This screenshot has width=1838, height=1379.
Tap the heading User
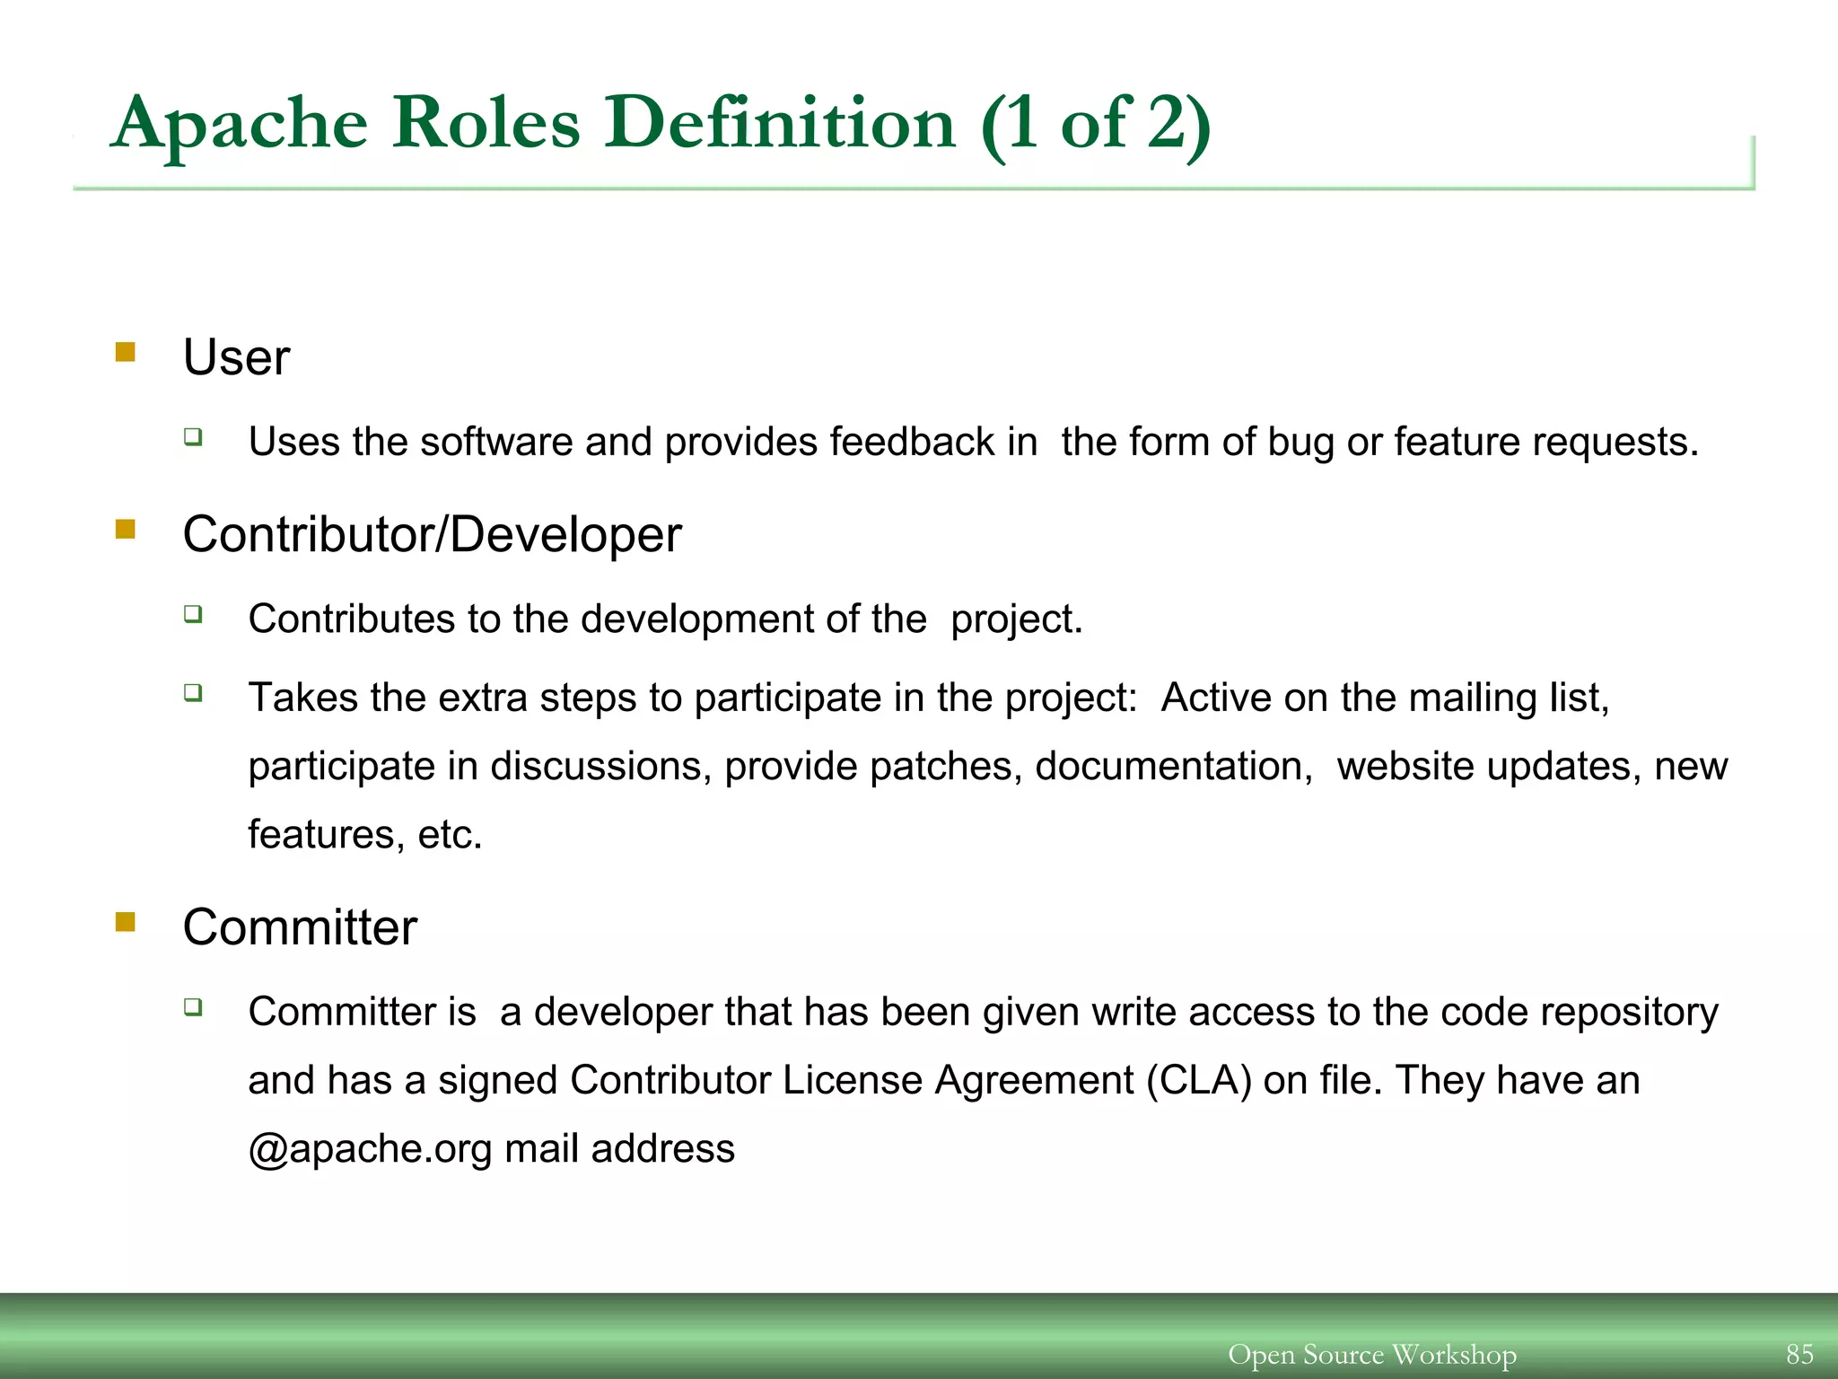click(236, 357)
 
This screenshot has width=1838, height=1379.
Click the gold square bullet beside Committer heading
click(126, 922)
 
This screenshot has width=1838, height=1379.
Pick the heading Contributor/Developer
click(432, 535)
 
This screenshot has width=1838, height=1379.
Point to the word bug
click(1300, 443)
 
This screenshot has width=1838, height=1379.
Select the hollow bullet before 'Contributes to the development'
click(193, 614)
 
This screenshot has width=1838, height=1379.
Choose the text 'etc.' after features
click(451, 835)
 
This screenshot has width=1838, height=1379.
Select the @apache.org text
click(370, 1149)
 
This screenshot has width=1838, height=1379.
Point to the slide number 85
click(1799, 1354)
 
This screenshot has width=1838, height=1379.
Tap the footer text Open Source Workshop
click(1372, 1354)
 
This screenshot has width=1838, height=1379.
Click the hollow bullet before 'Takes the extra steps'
click(193, 692)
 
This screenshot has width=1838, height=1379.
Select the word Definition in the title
click(779, 124)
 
